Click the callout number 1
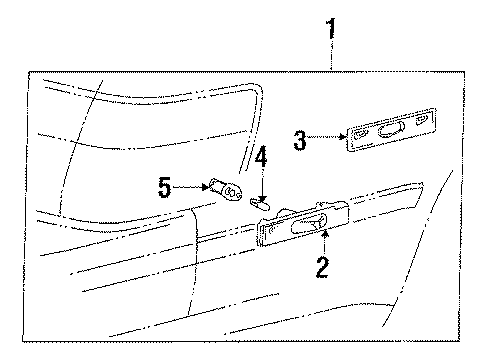pyautogui.click(x=331, y=29)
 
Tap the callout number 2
pyautogui.click(x=322, y=267)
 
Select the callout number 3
pyautogui.click(x=300, y=140)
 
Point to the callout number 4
pyautogui.click(x=261, y=156)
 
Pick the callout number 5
pyautogui.click(x=164, y=188)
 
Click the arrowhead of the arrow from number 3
pyautogui.click(x=342, y=136)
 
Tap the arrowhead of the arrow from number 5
pyautogui.click(x=205, y=187)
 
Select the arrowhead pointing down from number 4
pyautogui.click(x=263, y=198)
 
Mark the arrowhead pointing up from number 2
pyautogui.click(x=324, y=234)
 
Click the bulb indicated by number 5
pyautogui.click(x=225, y=190)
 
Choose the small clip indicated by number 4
pyautogui.click(x=260, y=204)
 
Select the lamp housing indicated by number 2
pyautogui.click(x=302, y=224)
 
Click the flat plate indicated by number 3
pyautogui.click(x=391, y=130)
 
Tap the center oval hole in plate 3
pyautogui.click(x=391, y=129)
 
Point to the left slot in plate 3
pyautogui.click(x=361, y=135)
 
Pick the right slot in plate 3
pyautogui.click(x=422, y=120)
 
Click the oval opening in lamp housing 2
pyautogui.click(x=309, y=224)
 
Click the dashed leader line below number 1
pyautogui.click(x=331, y=54)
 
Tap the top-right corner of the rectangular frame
pyautogui.click(x=464, y=72)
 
